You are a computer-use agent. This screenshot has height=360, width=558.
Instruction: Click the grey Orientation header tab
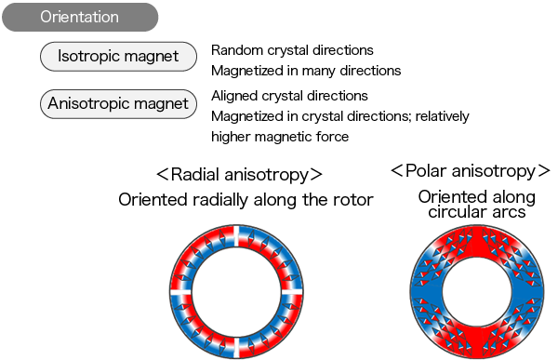click(x=80, y=17)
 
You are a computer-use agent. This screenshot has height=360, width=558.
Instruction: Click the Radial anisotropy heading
click(x=239, y=174)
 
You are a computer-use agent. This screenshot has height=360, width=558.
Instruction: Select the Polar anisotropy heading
click(x=465, y=170)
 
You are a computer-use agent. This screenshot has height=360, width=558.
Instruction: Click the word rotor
click(x=354, y=200)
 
